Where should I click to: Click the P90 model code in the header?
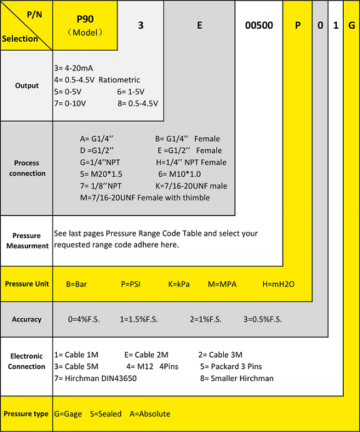click(85, 19)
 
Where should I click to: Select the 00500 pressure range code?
click(259, 26)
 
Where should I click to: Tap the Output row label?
click(27, 86)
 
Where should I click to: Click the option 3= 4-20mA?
click(74, 68)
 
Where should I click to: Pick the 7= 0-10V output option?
click(70, 104)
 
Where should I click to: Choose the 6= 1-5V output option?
click(131, 92)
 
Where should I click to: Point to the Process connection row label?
click(27, 168)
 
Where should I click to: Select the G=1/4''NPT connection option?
click(100, 162)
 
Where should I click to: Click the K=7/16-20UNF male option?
click(191, 186)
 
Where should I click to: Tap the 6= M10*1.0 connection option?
click(179, 174)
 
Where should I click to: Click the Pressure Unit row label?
click(27, 284)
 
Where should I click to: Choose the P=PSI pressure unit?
click(131, 284)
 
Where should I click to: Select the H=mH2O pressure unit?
click(278, 284)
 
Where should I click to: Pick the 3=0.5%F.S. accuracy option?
click(262, 319)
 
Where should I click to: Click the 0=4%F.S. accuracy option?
click(84, 319)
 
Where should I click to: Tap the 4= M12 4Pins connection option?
click(152, 366)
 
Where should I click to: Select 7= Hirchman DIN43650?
click(96, 378)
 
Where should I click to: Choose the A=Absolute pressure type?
click(150, 414)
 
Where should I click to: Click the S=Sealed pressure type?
click(106, 414)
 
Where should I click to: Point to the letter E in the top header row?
click(199, 26)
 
